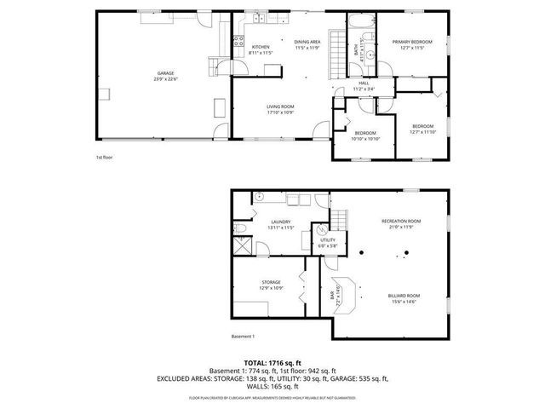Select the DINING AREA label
307,42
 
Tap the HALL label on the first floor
363,83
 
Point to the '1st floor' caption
104,158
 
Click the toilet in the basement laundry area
242,230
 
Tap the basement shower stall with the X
244,250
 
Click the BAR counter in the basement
336,294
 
